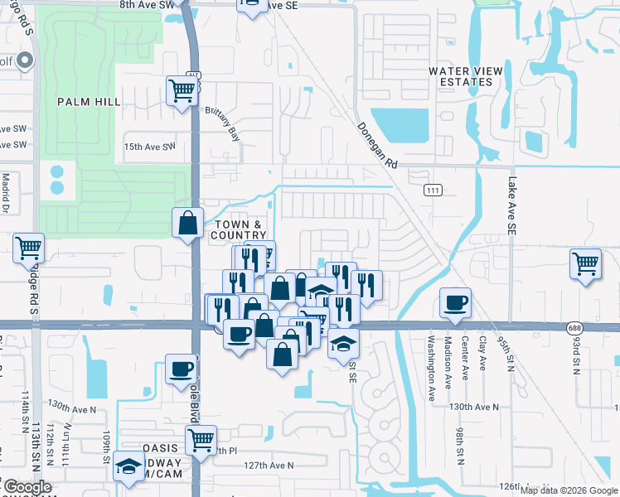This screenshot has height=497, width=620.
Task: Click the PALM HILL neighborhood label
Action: (x=89, y=101)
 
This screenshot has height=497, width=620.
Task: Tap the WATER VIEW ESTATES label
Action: (x=465, y=76)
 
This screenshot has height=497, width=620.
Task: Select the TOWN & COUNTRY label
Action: (x=239, y=230)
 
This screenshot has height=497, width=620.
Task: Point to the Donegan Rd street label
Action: (x=378, y=146)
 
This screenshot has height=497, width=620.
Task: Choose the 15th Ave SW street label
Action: (x=149, y=147)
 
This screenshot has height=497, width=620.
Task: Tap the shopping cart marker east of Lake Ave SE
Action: (x=585, y=263)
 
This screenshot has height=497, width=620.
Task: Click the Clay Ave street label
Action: (x=482, y=356)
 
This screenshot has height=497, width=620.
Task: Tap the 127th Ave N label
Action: (x=269, y=466)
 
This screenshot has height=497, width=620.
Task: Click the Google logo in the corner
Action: (x=27, y=487)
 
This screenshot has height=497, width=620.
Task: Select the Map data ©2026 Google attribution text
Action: (x=568, y=490)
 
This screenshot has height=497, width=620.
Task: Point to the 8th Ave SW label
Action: (x=148, y=5)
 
